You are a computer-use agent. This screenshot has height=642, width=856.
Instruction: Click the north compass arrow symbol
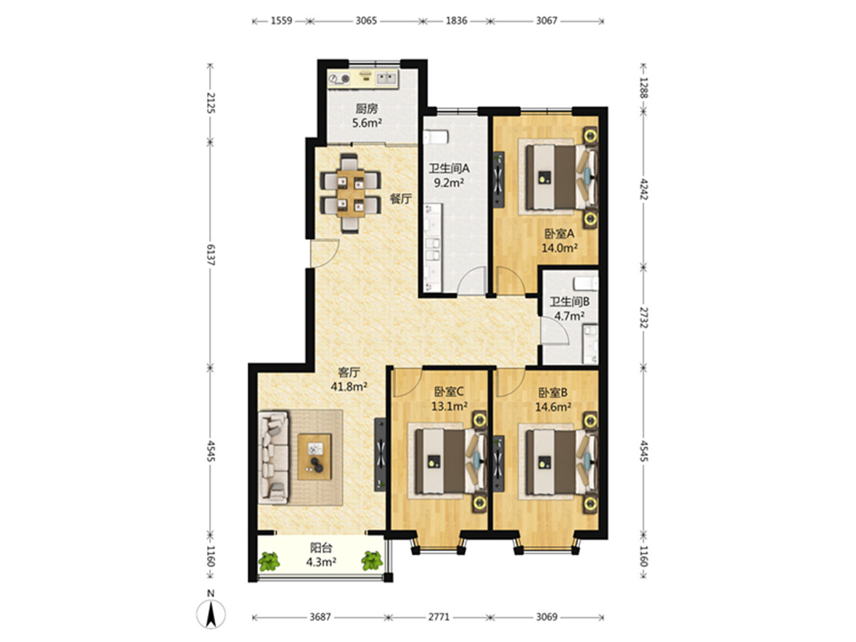click(x=211, y=614)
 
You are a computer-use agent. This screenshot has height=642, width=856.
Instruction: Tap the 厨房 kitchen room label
click(x=366, y=108)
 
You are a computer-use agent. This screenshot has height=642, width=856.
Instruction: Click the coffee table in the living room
click(x=314, y=457)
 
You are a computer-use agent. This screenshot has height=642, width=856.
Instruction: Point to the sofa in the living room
click(x=273, y=458)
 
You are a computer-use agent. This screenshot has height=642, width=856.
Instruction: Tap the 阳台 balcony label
click(x=321, y=548)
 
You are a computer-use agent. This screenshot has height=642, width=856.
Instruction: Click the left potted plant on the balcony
click(x=269, y=560)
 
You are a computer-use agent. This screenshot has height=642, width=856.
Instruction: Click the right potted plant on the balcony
click(x=372, y=560)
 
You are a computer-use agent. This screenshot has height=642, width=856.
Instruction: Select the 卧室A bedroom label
click(x=559, y=233)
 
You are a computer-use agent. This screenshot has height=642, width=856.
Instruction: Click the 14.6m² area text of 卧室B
click(x=553, y=407)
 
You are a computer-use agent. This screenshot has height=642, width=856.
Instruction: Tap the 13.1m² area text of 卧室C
click(x=449, y=406)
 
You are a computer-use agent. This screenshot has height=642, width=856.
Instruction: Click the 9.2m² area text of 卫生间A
click(x=449, y=182)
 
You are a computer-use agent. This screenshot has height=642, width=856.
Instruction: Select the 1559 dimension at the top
click(x=281, y=21)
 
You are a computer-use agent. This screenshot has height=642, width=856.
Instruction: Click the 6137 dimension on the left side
click(x=211, y=255)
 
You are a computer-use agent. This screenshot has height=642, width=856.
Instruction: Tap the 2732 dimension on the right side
click(x=644, y=318)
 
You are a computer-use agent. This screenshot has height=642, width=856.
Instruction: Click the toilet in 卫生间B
click(x=586, y=283)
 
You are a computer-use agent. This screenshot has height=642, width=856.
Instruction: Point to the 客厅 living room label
click(x=349, y=372)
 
